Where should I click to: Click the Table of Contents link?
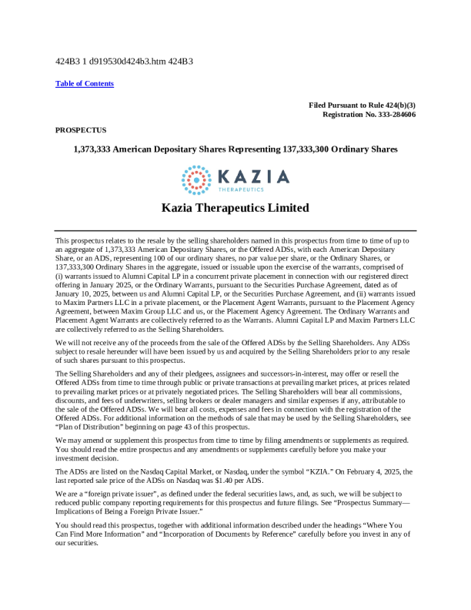pos(85,83)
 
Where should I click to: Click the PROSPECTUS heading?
pos(81,130)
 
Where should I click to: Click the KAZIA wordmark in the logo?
pos(254,176)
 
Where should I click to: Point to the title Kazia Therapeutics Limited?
pos(235,208)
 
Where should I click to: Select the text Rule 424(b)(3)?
pos(388,104)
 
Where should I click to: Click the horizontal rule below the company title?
pos(235,230)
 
